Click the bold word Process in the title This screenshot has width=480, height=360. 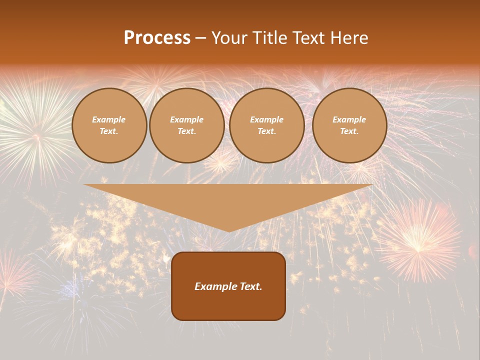(x=157, y=38)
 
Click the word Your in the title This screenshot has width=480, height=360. (x=231, y=38)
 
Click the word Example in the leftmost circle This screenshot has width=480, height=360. (x=109, y=119)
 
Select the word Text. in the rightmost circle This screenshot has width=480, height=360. (x=349, y=131)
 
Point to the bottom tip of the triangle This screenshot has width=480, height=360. (x=229, y=231)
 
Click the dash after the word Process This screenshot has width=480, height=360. (x=200, y=38)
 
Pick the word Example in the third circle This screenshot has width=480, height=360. (x=267, y=119)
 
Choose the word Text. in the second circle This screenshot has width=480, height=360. (x=187, y=131)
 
